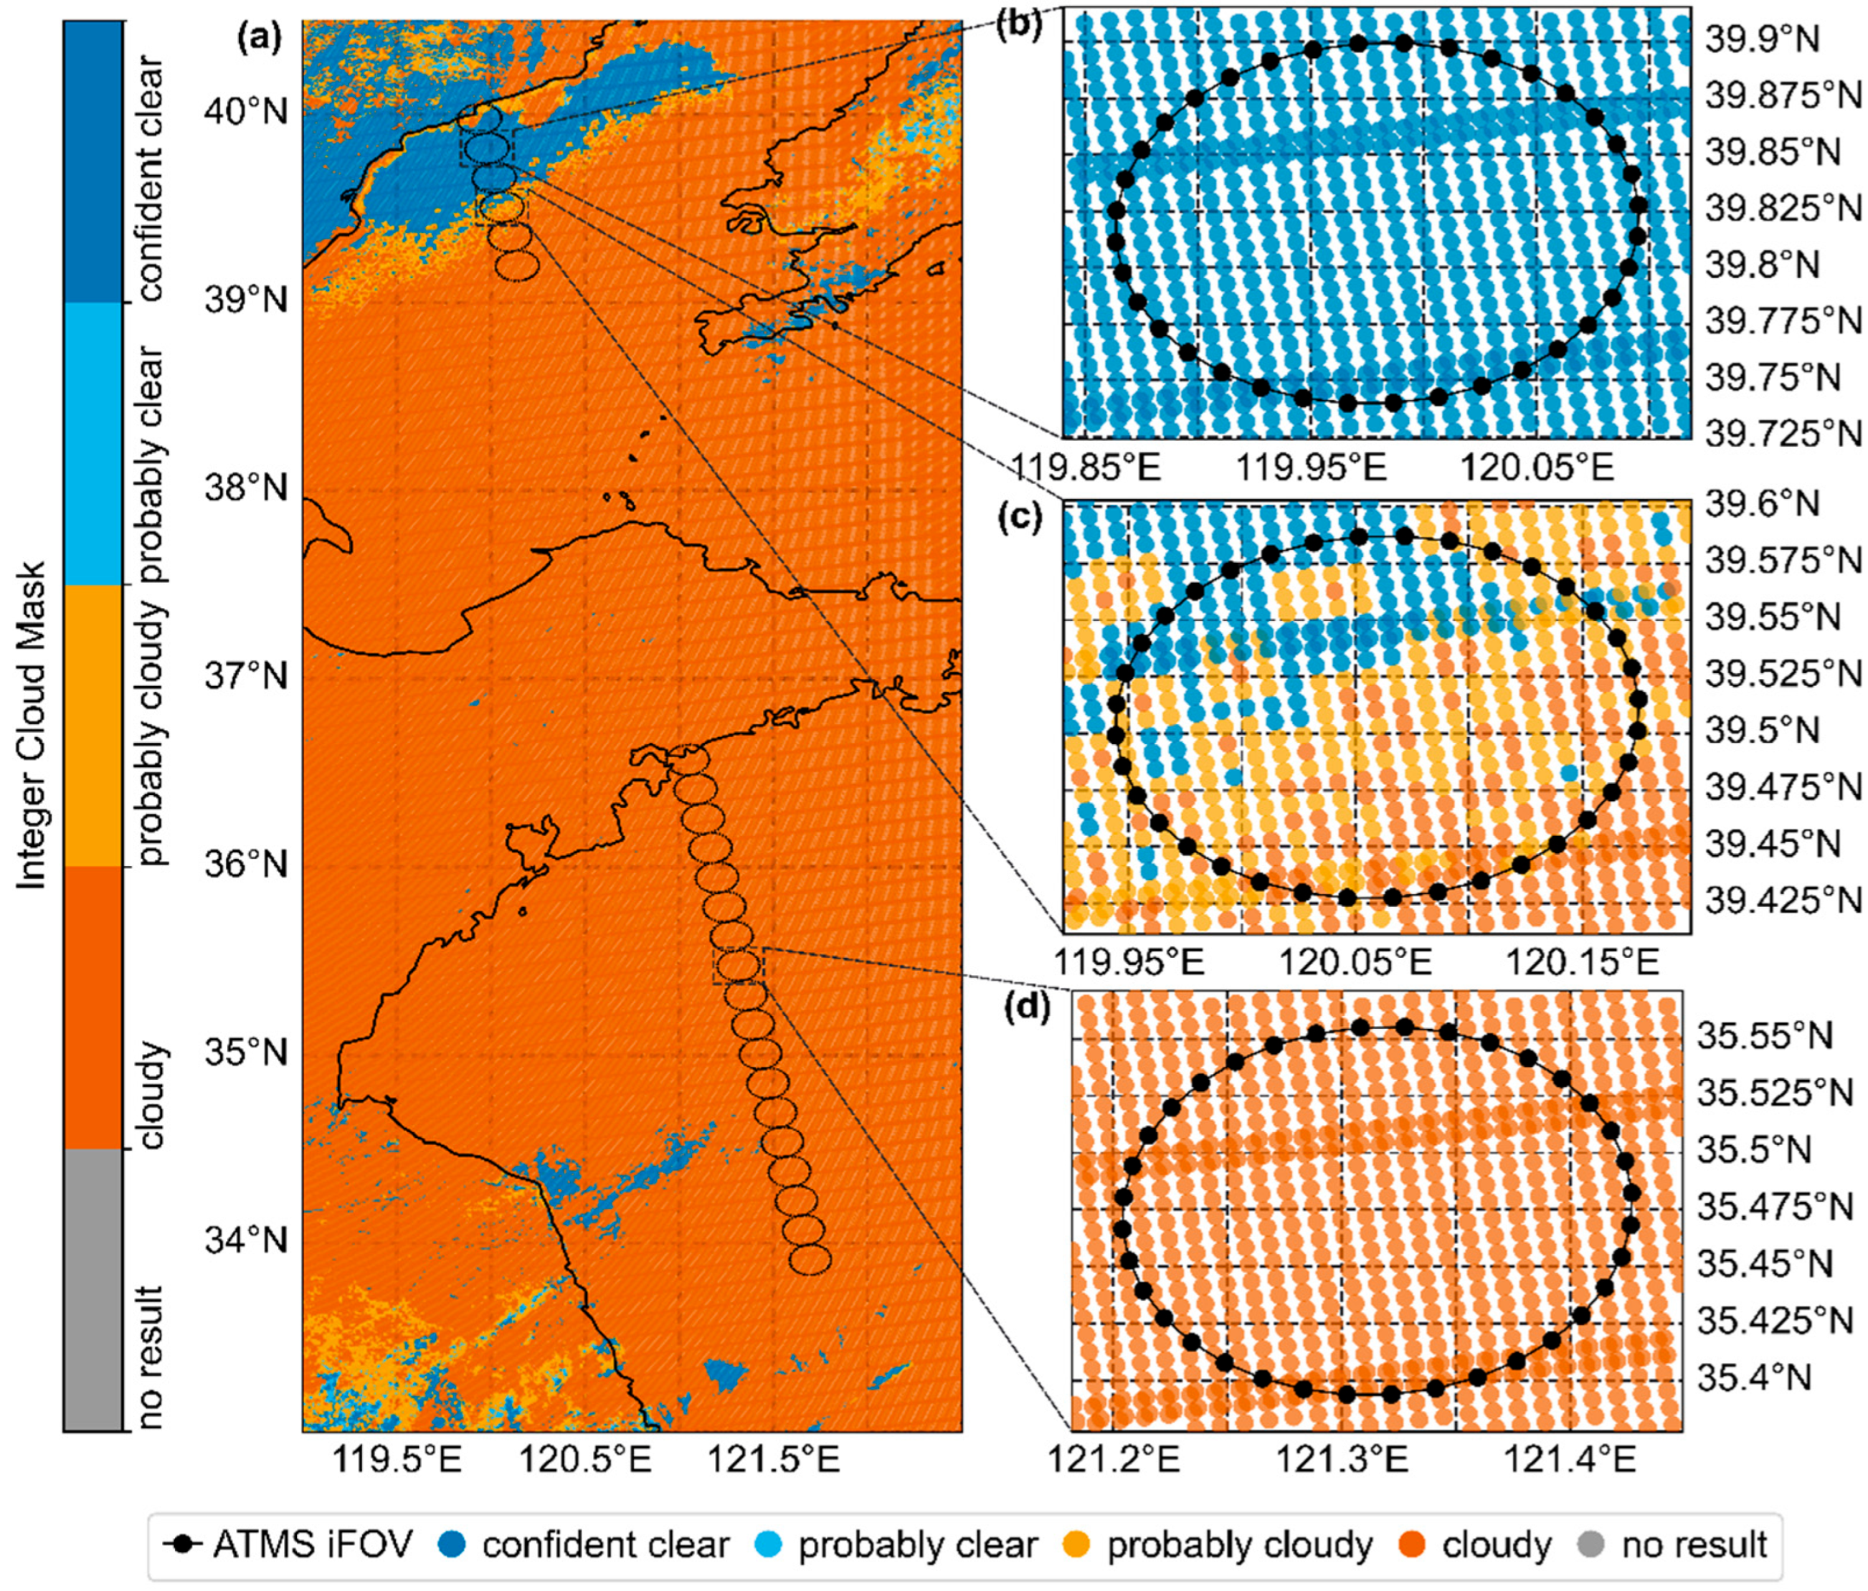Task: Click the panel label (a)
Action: pos(260,38)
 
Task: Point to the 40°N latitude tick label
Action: pos(246,113)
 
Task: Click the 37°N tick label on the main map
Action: pos(246,676)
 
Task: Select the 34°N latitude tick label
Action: pos(246,1240)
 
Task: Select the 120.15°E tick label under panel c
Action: pos(1583,964)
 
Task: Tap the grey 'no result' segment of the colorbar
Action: pos(93,1289)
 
